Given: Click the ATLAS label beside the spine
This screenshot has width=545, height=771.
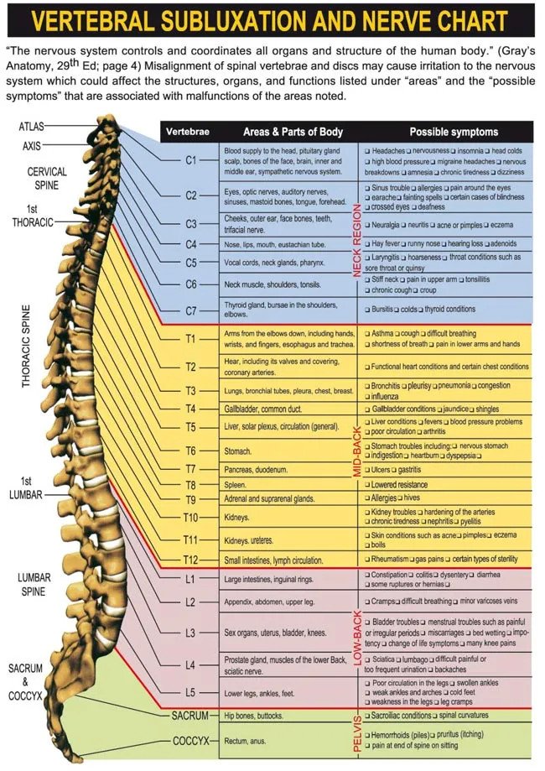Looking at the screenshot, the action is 32,127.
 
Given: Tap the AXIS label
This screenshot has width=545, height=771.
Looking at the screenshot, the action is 32,146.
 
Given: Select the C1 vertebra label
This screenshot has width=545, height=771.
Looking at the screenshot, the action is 191,160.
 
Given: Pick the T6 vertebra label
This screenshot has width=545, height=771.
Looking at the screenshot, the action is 190,451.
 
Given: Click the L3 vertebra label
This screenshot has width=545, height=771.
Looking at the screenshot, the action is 190,633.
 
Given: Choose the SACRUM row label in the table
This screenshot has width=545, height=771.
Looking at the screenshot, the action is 190,716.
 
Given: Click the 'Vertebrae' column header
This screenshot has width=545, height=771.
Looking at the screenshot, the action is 188,132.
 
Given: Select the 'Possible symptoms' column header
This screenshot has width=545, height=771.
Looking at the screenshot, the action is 454,132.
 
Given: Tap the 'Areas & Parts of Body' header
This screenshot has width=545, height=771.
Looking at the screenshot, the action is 293,132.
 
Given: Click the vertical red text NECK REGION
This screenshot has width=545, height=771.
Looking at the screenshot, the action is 357,241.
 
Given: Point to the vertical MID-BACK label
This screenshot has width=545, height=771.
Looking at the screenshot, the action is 357,452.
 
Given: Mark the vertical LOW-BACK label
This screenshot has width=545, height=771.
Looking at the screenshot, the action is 357,638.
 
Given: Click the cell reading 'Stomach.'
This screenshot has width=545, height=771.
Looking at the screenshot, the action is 238,451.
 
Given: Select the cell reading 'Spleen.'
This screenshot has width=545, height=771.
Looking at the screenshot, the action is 235,485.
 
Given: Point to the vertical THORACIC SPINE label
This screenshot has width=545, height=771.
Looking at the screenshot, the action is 26,346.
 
